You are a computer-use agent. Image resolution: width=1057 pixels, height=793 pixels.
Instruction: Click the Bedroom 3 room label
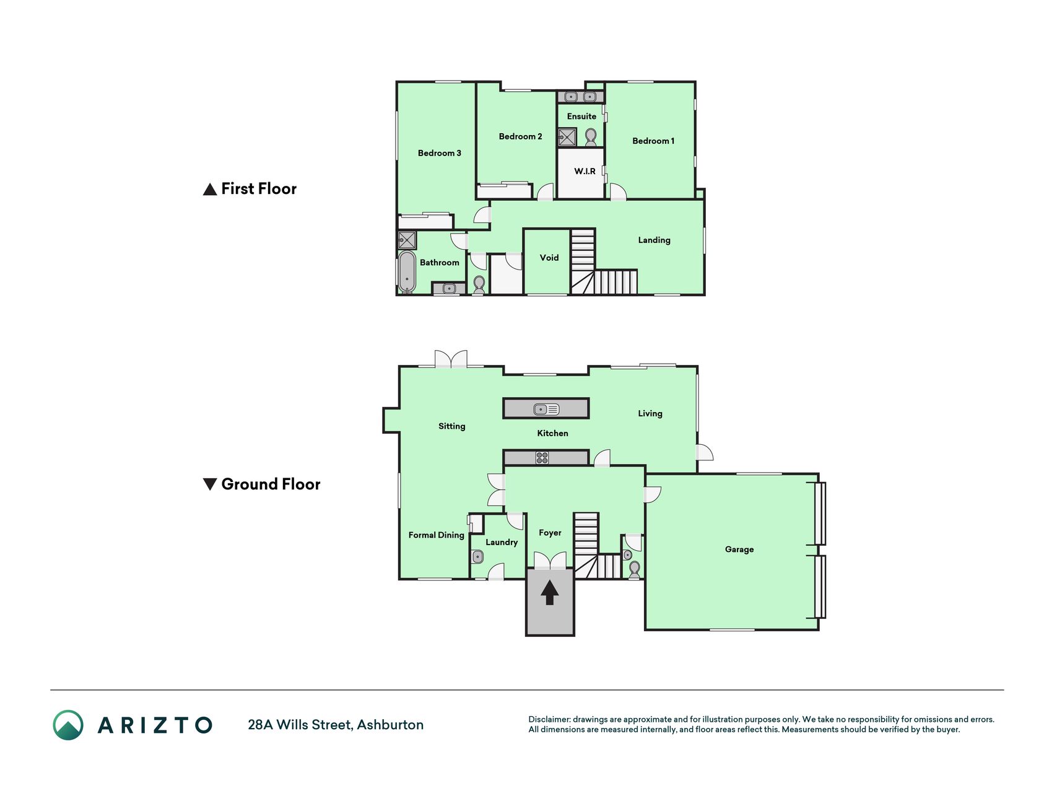[x=439, y=153]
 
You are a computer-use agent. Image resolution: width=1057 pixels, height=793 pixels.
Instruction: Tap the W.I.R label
[x=585, y=171]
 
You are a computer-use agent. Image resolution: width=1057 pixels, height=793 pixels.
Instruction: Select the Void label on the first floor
[x=549, y=258]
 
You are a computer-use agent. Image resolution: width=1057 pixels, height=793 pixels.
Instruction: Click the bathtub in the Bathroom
[x=406, y=271]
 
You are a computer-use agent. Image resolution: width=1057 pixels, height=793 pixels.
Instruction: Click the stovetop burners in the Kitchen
[x=542, y=458]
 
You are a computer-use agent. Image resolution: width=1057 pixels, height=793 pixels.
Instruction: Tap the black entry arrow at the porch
[x=549, y=592]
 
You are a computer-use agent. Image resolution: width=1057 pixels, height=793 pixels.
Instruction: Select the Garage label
[x=739, y=549]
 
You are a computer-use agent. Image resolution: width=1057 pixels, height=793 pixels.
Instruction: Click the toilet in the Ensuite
[x=590, y=136]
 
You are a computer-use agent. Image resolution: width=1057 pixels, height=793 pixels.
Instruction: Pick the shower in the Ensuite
[x=567, y=137]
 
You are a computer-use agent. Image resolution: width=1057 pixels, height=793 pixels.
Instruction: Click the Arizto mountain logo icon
[x=68, y=725]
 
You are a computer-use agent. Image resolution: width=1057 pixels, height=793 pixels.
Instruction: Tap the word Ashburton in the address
[x=390, y=725]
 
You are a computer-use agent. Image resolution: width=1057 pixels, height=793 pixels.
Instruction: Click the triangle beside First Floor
[x=210, y=189]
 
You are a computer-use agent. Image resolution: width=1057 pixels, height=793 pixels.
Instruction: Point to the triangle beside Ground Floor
[x=210, y=484]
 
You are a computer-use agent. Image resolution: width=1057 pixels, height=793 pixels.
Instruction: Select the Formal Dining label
[x=436, y=535]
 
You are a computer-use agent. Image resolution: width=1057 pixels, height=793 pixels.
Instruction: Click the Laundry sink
[x=477, y=557]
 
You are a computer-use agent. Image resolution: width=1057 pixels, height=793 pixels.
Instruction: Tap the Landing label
[x=654, y=240]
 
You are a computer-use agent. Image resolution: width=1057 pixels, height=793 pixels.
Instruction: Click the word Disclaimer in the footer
[x=549, y=719]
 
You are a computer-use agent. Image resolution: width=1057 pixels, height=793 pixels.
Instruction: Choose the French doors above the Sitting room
[x=450, y=359]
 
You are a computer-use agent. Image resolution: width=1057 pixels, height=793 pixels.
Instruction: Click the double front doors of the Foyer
[x=550, y=560]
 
